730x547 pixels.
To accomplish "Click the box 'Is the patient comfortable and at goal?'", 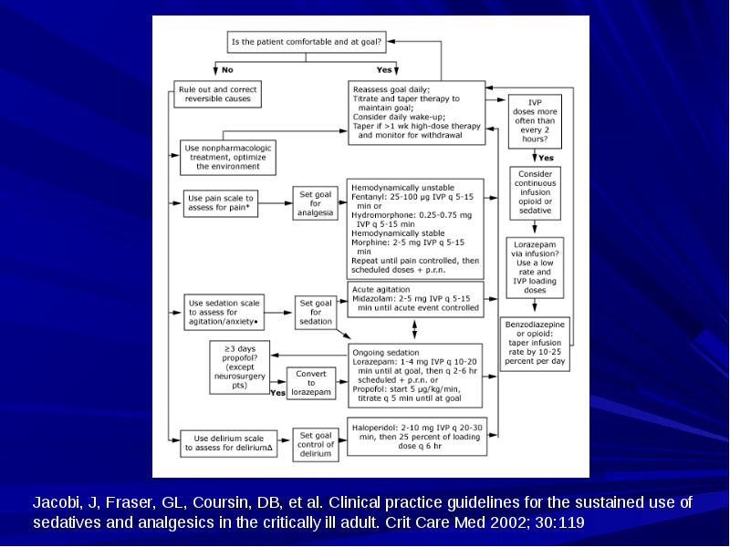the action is pos(307,42).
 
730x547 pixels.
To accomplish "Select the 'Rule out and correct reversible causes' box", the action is pos(217,94).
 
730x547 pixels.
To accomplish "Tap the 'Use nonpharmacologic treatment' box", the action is pos(227,157).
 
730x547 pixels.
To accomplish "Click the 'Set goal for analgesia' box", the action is pos(315,203).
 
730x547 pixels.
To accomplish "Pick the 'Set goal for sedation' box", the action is pos(316,312).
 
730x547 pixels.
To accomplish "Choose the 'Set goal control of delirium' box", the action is pos(316,444).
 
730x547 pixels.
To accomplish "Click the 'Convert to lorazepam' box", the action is pos(311,383).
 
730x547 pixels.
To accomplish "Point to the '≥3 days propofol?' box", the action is pos(239,367).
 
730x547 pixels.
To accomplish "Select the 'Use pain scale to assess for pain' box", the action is pos(220,203).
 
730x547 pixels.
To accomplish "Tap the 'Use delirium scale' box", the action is pos(229,443).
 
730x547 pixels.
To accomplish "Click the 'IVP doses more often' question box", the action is pos(535,121).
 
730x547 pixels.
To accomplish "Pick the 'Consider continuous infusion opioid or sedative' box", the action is pos(535,192).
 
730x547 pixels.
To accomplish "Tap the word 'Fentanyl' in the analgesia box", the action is pos(368,197).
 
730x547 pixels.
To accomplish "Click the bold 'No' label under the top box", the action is pos(227,70).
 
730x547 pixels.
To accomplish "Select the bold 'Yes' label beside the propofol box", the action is pos(278,393).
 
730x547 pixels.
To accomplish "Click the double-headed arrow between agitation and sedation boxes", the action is pos(414,329).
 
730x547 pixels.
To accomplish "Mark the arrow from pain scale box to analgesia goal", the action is pos(276,203).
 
